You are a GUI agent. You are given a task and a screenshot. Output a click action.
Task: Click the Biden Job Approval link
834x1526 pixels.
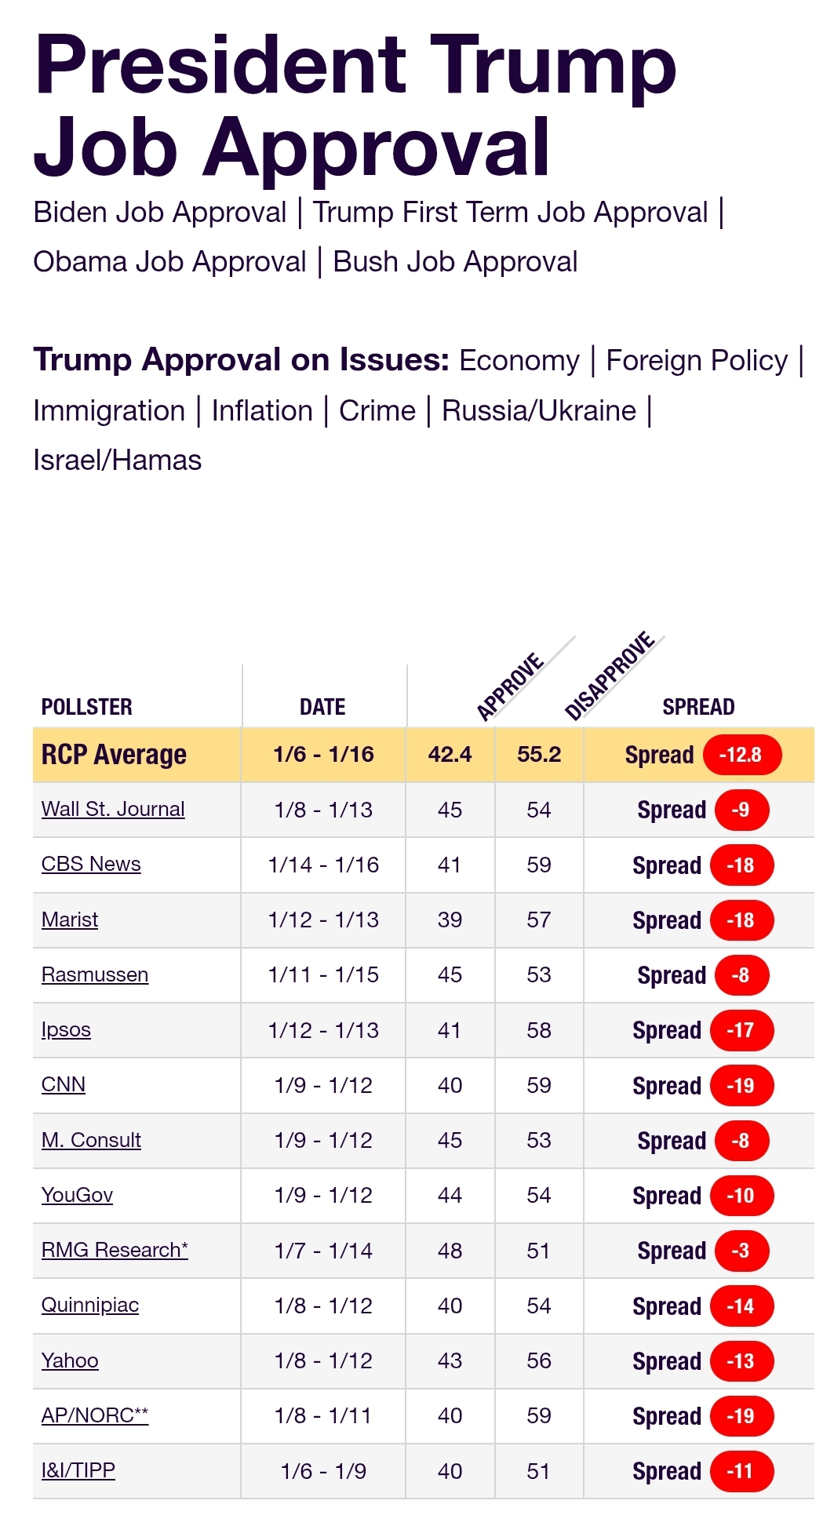[x=160, y=213]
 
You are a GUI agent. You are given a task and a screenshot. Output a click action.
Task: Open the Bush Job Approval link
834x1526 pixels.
[x=455, y=262]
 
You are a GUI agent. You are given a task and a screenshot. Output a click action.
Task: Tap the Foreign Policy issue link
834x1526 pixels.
[x=697, y=361]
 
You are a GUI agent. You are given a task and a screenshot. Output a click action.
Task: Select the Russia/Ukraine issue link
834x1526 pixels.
[x=539, y=411]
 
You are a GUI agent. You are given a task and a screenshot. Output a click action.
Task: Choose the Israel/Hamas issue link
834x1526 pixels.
[x=118, y=461]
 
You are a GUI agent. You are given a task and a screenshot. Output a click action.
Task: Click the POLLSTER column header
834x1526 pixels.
[x=87, y=707]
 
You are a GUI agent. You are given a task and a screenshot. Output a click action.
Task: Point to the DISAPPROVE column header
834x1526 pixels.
[x=610, y=676]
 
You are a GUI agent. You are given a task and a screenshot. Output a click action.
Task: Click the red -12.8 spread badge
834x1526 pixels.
[x=741, y=755]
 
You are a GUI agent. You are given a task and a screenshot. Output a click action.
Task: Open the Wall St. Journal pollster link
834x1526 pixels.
[x=113, y=809]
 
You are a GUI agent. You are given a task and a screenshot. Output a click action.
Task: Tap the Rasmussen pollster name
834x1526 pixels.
[x=95, y=974]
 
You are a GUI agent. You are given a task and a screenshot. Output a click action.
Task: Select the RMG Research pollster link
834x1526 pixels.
[x=115, y=1250]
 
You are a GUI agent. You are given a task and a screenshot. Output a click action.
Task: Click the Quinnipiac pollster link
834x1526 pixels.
[x=90, y=1305]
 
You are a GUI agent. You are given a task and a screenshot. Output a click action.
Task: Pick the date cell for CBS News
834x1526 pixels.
[x=323, y=865]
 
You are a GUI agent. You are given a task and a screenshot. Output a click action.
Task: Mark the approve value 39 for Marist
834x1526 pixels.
[x=450, y=920]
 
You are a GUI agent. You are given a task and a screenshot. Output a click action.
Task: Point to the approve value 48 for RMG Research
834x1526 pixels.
[x=450, y=1251]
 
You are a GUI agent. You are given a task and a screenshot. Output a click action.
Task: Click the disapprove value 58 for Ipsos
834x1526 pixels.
[x=539, y=1030]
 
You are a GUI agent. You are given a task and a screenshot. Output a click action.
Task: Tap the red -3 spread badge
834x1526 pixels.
[x=741, y=1251]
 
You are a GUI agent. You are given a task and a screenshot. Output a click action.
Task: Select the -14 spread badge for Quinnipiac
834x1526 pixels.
[x=741, y=1306]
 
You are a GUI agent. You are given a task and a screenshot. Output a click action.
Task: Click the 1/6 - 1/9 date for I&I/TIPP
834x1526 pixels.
[x=323, y=1471]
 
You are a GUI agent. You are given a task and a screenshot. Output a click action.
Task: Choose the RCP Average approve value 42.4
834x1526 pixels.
[x=450, y=755]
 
